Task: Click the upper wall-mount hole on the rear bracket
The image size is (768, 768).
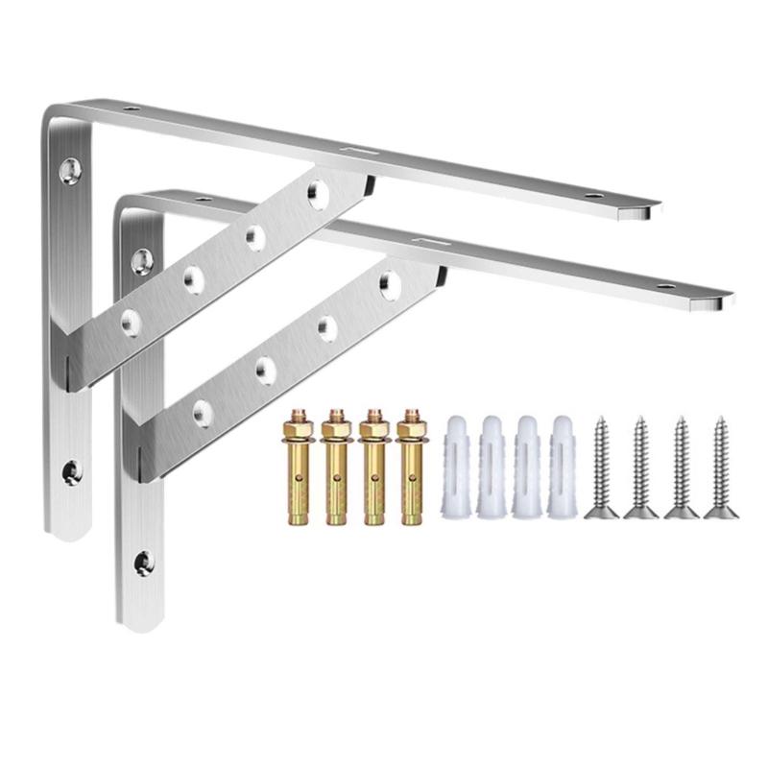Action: point(69,171)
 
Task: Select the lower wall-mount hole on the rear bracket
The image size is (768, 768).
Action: point(71,470)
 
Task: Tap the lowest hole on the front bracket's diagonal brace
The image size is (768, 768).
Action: point(203,411)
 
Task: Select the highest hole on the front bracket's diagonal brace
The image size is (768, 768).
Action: point(389,281)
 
